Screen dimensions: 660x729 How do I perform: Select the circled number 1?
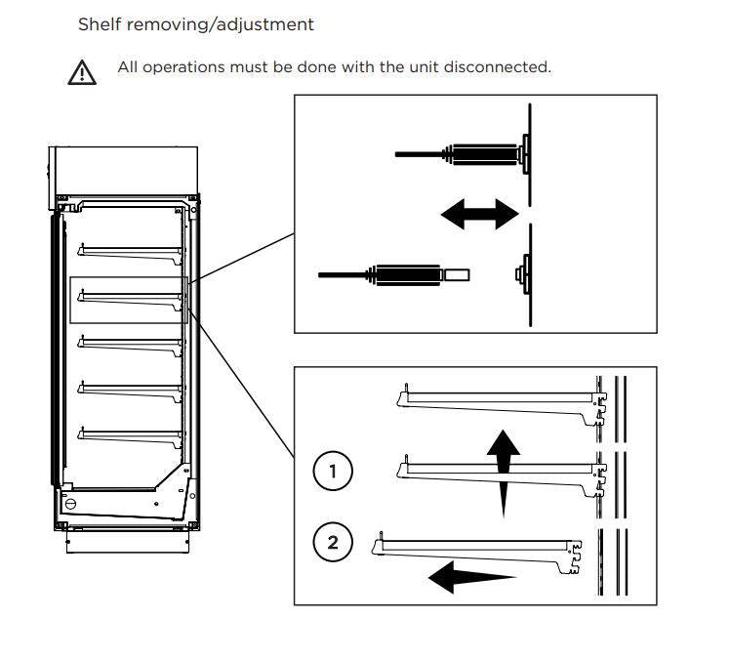334,473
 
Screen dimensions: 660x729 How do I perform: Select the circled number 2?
334,543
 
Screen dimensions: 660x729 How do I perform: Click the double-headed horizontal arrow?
479,213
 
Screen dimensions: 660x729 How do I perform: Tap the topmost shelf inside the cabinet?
132,251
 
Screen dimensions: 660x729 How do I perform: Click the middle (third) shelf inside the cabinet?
132,343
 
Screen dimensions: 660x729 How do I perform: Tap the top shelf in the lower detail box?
498,400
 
